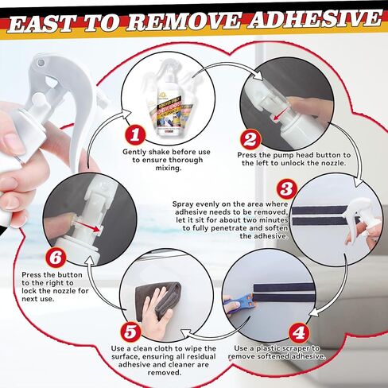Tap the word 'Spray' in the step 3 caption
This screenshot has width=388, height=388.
coord(186,204)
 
